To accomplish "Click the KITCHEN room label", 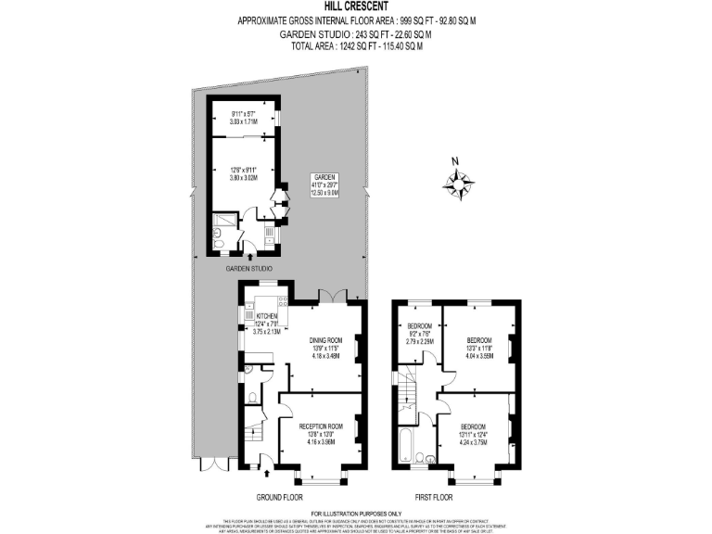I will click(x=267, y=324).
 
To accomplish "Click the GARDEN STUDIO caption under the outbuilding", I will click(x=249, y=269).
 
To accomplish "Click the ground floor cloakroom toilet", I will click(x=251, y=399).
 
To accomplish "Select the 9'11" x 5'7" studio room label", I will click(x=242, y=118).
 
